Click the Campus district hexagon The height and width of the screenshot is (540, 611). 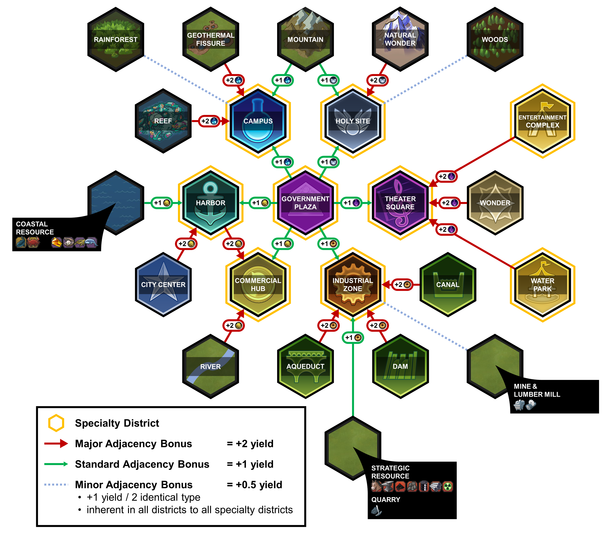tap(258, 121)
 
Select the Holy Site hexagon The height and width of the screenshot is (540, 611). tap(353, 121)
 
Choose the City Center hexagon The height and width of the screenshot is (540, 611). tap(163, 284)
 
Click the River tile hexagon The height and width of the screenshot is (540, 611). tap(210, 366)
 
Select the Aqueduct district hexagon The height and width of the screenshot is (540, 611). tap(305, 366)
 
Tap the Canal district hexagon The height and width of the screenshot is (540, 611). tap(448, 284)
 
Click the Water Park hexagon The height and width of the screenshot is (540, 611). tap(542, 284)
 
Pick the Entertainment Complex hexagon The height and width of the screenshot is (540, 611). tap(542, 121)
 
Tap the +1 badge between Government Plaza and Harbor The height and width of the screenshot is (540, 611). tap(260, 203)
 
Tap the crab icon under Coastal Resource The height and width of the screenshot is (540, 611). tap(33, 242)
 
